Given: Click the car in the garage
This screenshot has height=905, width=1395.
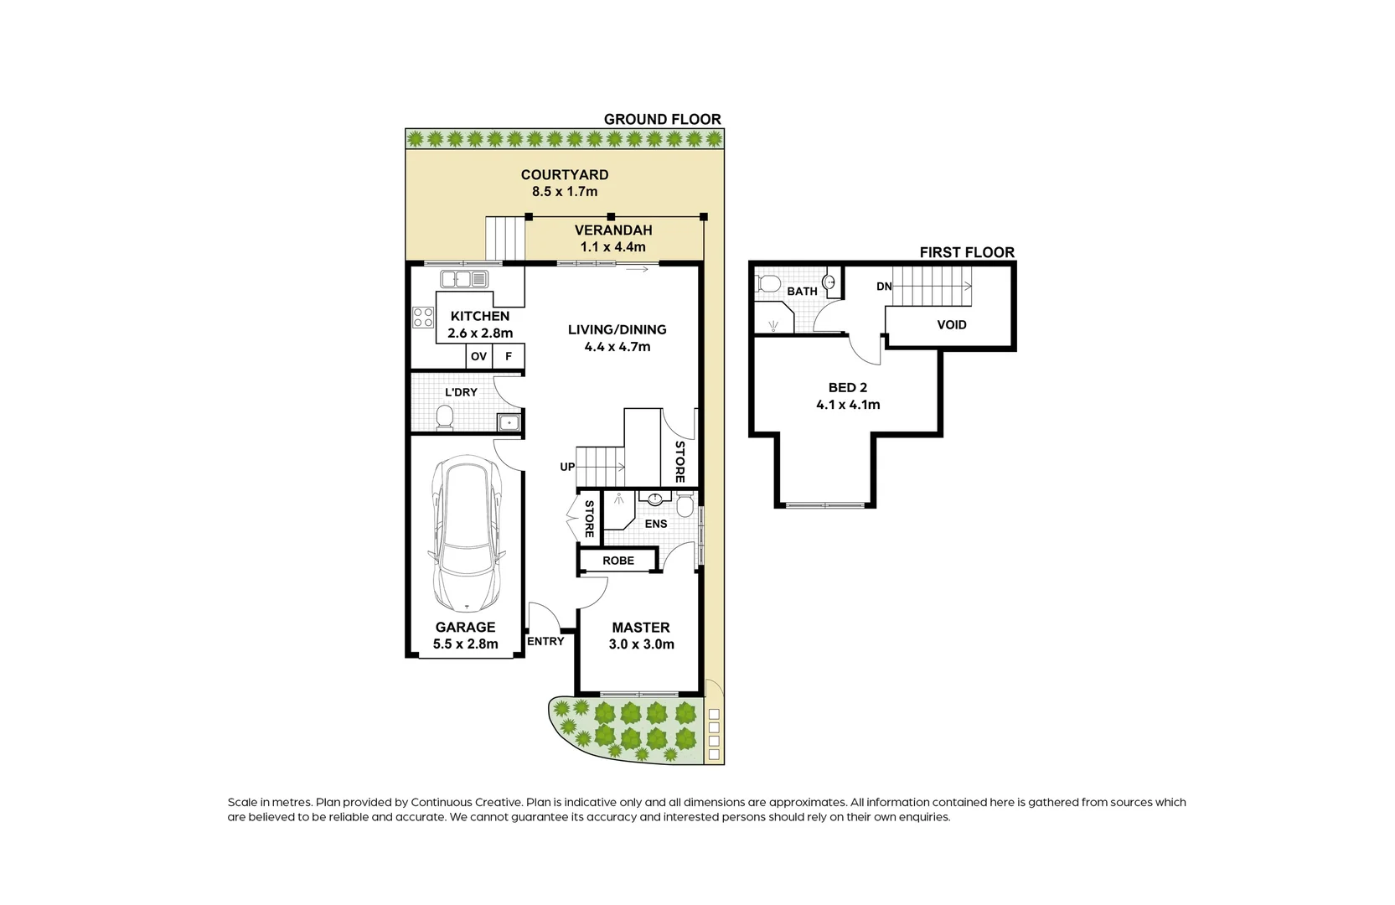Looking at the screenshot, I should point(466,535).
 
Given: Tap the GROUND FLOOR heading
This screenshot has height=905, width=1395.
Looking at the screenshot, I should point(662,119).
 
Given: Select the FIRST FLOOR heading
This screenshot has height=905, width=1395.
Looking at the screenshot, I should point(966,252).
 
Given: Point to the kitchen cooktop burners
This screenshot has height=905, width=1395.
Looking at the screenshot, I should point(423,318).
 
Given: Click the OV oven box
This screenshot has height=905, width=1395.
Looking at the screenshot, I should point(478,356).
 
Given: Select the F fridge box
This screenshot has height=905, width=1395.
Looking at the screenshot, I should point(509,356).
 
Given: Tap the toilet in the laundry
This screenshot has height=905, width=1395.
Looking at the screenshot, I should point(445,416).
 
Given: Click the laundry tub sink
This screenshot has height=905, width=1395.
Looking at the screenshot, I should point(509,422).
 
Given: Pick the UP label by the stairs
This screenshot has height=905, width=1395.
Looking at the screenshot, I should point(567,467).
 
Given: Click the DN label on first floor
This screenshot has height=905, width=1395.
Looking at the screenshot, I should point(884,287).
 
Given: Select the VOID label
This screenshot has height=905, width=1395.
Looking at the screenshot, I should point(951,324).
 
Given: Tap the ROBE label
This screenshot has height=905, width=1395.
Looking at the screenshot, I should point(618,561).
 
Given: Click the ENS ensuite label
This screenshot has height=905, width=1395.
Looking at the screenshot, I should point(656,524).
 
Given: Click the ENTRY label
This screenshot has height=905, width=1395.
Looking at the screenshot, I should point(545,641).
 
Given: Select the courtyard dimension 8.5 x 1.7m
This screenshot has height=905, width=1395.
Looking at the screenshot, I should point(565,191).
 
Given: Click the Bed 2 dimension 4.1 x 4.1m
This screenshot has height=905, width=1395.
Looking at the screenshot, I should point(848,405).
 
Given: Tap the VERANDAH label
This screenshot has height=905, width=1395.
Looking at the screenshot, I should point(613,230).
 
